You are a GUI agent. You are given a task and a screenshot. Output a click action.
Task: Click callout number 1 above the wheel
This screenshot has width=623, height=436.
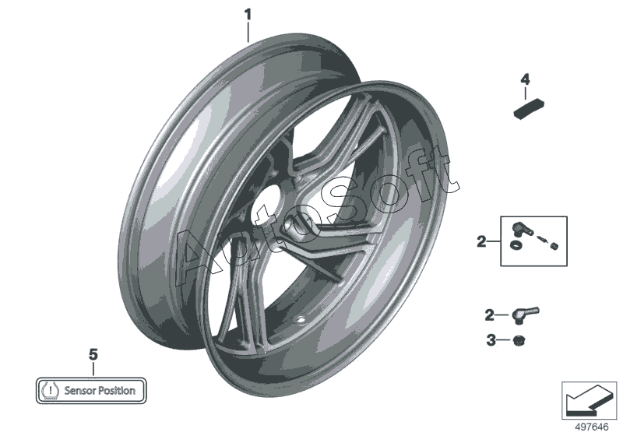click(x=248, y=13)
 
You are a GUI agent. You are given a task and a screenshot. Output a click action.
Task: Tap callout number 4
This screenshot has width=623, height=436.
click(x=525, y=79)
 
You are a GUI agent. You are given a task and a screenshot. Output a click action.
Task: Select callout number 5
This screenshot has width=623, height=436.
click(x=93, y=354)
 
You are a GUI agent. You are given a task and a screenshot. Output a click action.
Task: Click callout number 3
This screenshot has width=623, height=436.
click(x=490, y=339)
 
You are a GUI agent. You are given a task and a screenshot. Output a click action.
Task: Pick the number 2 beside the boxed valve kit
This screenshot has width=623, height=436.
click(x=481, y=242)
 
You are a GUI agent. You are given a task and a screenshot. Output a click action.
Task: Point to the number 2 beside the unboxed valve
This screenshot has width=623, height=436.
click(x=490, y=315)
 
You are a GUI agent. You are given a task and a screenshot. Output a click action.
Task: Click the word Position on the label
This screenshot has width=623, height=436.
click(x=117, y=391)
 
